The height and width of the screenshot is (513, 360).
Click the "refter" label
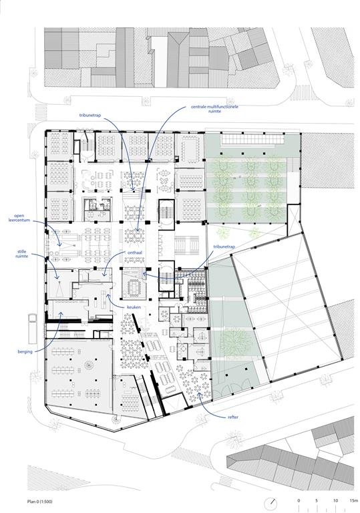pos(233,417)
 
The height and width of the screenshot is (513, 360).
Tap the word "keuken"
pos(134,307)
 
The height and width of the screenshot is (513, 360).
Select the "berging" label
pos(25,352)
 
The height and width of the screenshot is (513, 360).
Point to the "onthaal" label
pos(134,252)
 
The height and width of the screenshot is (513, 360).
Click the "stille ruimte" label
pos(22,254)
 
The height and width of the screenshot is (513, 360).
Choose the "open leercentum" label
pos(19,218)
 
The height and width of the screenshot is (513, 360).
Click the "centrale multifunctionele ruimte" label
pos(214,109)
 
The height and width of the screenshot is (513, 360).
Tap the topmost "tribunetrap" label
pos(90,116)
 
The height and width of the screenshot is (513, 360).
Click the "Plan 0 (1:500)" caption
pos(39,502)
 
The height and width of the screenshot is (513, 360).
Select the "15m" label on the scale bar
pos(353,500)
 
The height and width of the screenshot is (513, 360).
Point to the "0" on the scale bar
pos(299,500)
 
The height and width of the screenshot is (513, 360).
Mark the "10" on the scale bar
pos(335,500)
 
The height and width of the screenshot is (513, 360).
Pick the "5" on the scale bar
pos(317,500)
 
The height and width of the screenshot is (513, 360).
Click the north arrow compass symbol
pos(271,503)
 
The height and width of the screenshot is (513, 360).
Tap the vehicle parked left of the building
pos(33,329)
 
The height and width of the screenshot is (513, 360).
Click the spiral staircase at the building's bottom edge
pos(117,419)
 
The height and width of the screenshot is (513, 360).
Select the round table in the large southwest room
pos(89,365)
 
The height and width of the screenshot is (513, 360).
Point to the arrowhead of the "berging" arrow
pos(61,313)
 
